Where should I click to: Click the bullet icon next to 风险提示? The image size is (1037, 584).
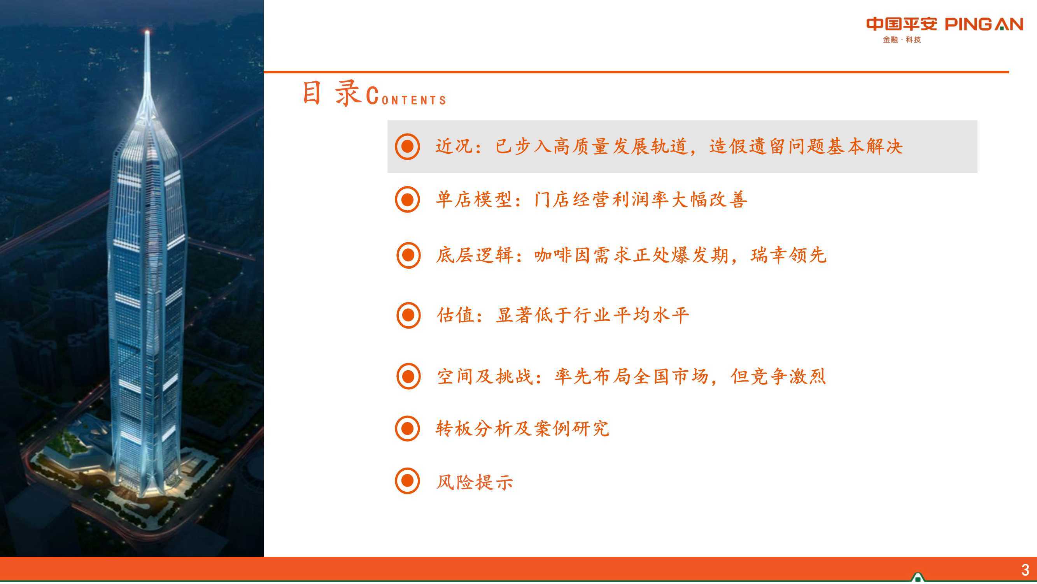tap(407, 481)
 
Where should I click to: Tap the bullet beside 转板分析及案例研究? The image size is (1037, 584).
tap(407, 428)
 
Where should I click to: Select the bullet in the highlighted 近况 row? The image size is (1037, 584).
tap(407, 147)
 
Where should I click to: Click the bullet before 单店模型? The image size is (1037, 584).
tap(407, 199)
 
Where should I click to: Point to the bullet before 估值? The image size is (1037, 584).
tap(408, 315)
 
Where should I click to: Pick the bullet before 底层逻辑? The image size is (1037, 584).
tap(408, 255)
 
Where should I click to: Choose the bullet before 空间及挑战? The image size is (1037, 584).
tap(408, 376)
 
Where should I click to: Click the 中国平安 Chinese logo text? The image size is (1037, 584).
tap(902, 24)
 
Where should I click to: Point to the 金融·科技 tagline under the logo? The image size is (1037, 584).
tap(902, 39)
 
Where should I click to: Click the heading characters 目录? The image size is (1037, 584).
tap(331, 93)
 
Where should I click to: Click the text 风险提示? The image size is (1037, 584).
tap(475, 482)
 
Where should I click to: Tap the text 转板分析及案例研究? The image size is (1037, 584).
tap(522, 428)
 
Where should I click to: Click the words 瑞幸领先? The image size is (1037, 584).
tap(788, 255)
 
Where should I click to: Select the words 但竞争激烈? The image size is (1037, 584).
tap(778, 376)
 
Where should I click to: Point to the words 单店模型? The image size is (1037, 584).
tap(474, 199)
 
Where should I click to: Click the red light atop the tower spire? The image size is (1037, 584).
tap(147, 31)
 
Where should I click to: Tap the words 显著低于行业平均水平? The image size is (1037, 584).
tap(592, 315)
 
